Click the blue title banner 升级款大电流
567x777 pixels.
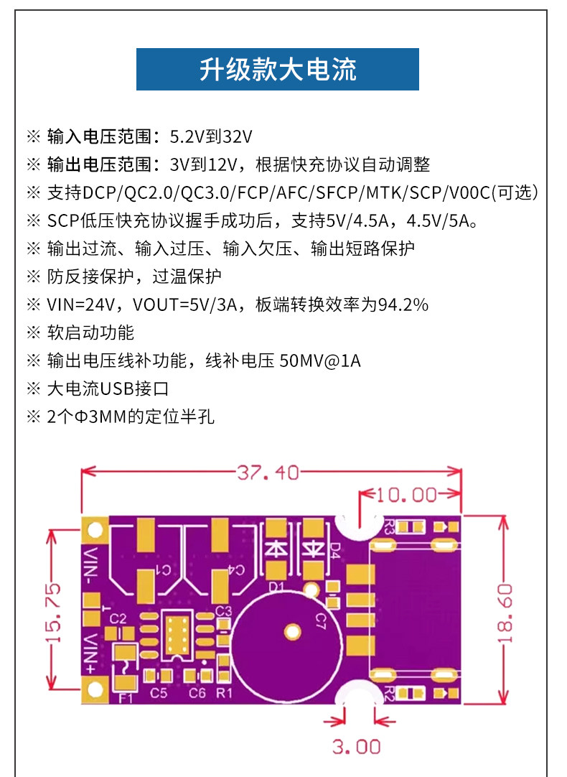point(277,70)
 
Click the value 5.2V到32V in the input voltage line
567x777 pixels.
point(211,136)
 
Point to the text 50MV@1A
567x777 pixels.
point(320,360)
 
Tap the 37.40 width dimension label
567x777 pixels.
point(268,473)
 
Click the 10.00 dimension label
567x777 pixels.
point(407,495)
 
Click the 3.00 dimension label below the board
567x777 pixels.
point(356,747)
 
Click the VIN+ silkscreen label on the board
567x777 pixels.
point(91,653)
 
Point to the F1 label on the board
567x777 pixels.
point(126,698)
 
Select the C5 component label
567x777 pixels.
point(159,692)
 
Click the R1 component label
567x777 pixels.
point(224,692)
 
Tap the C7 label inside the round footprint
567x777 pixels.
point(320,620)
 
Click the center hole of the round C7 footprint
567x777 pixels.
point(292,632)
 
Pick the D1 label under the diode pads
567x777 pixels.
point(276,587)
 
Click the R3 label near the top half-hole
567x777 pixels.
point(388,527)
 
